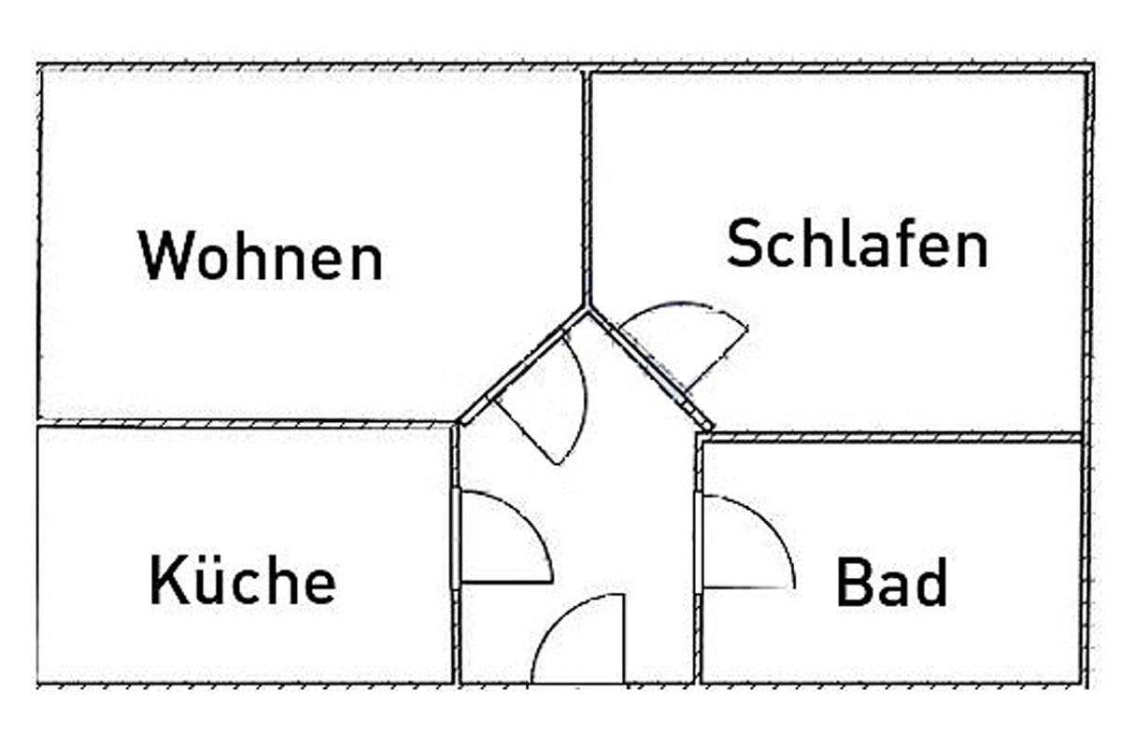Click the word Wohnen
pos(261,256)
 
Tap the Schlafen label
pos(857,244)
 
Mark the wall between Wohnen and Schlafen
pos(588,187)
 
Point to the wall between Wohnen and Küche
pos(243,423)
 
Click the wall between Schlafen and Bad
pos(892,435)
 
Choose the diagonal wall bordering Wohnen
pos(523,364)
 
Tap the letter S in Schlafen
pos(746,244)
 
